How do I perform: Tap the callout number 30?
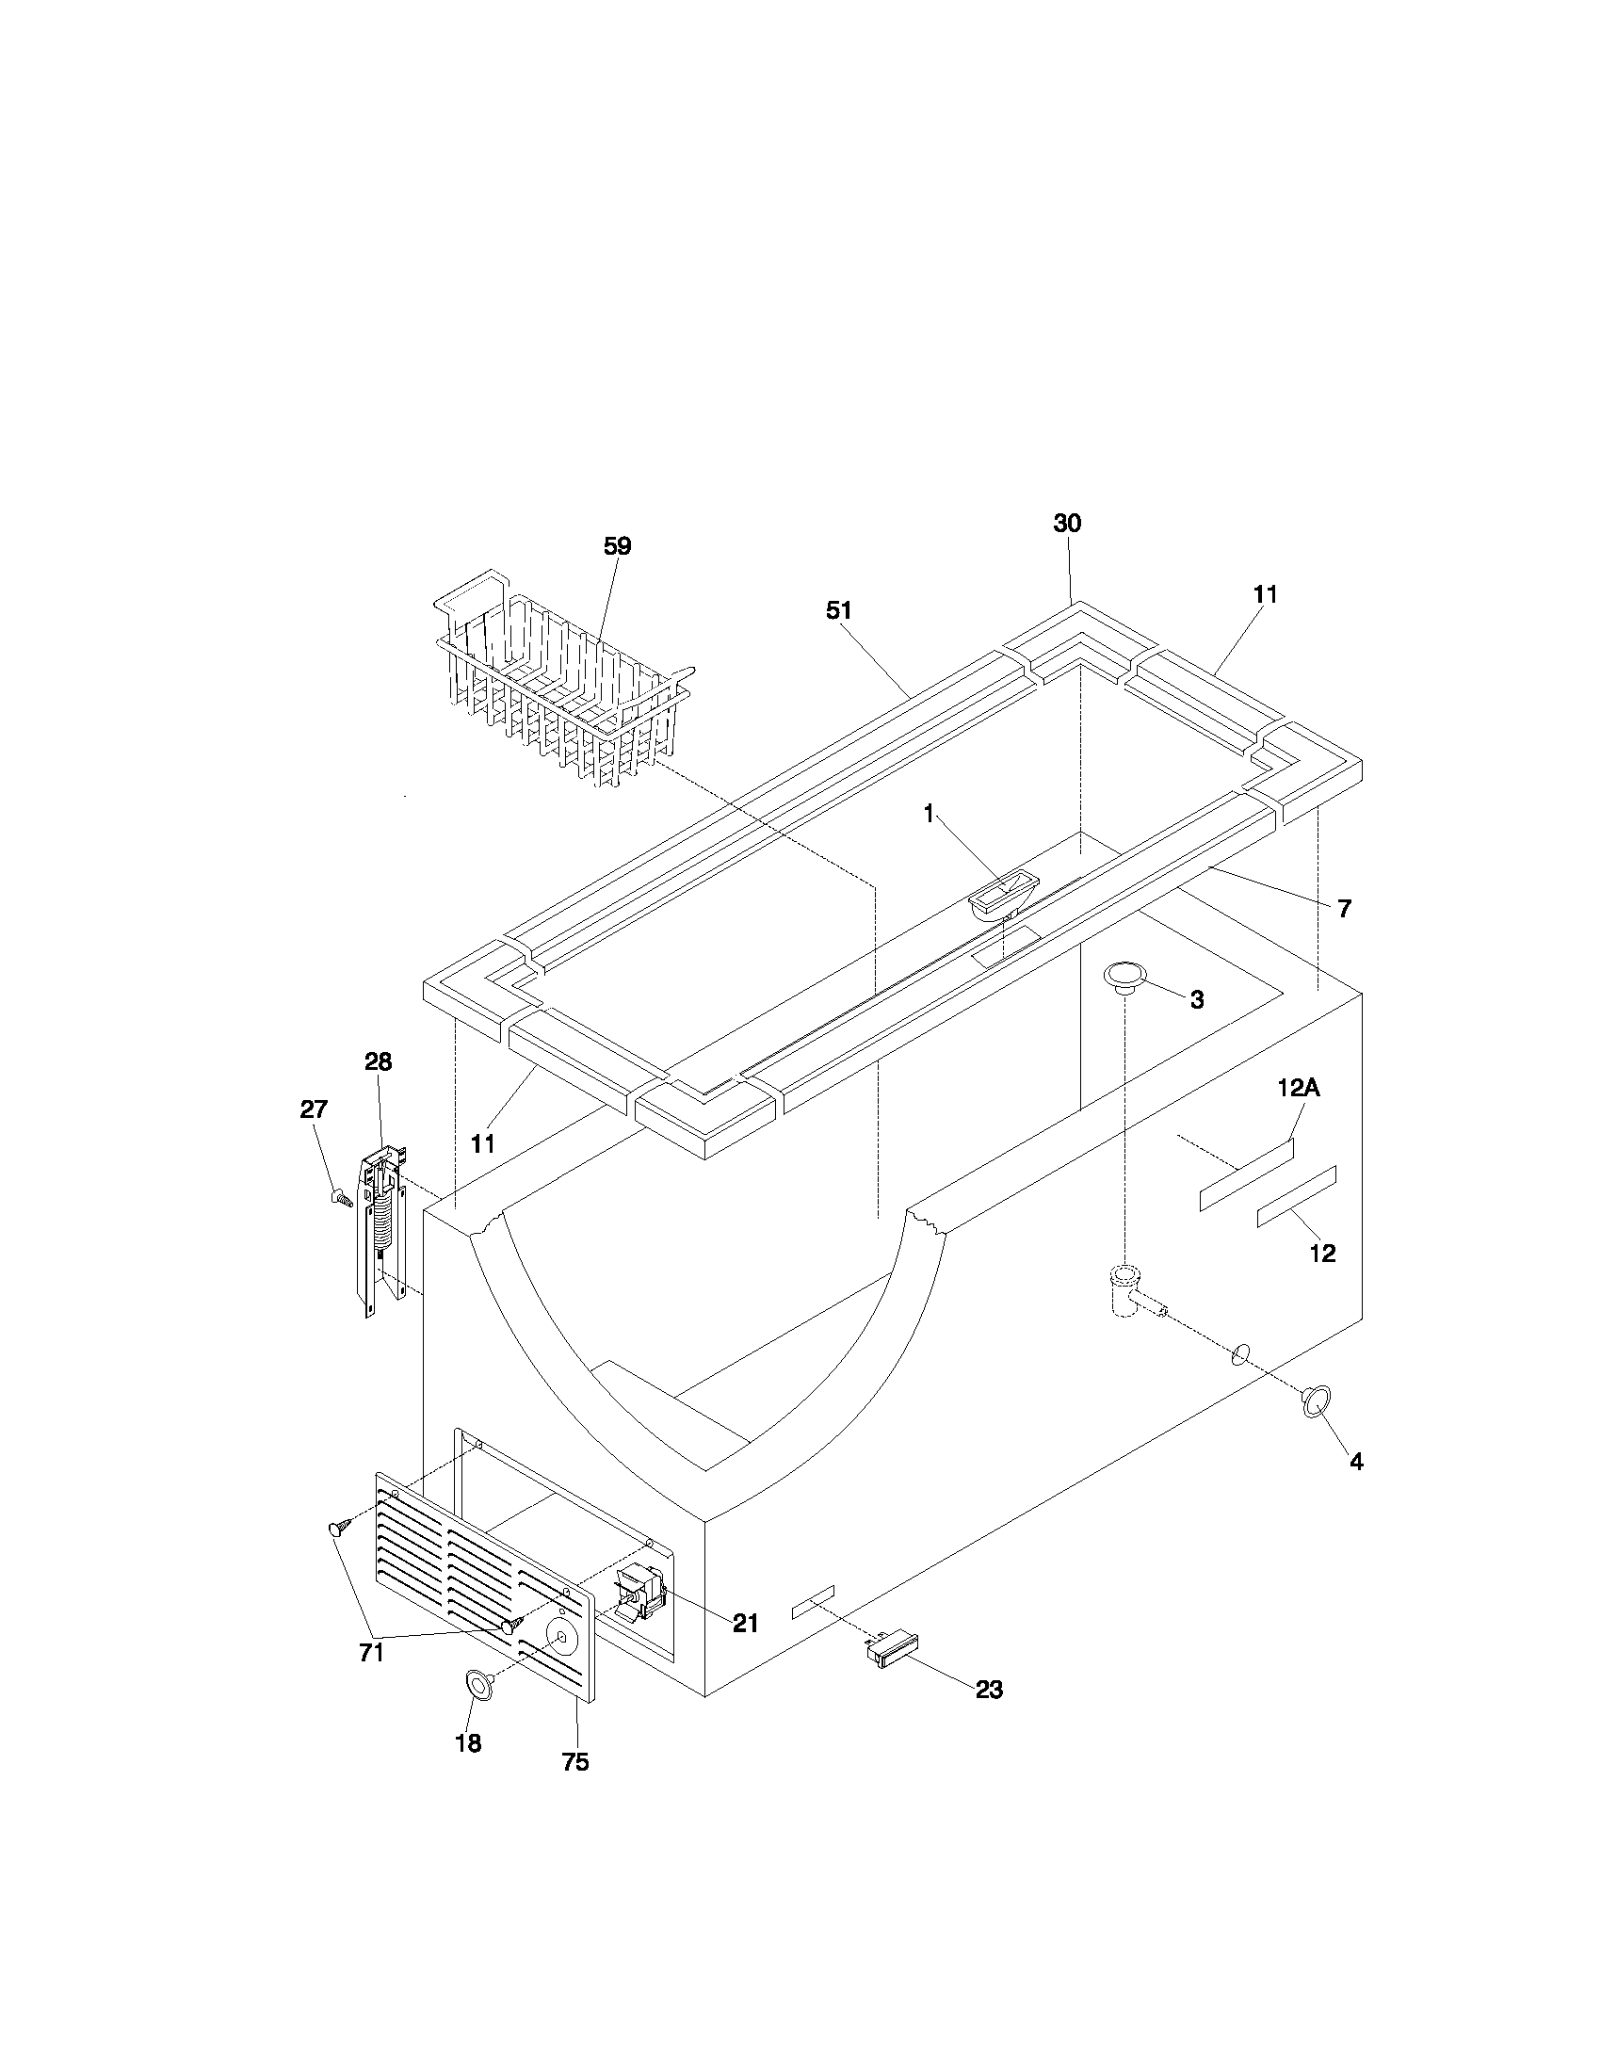[1067, 523]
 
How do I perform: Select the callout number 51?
[838, 611]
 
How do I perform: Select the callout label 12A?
[1298, 1088]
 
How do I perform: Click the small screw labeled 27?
[340, 1197]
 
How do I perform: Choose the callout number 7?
[1344, 908]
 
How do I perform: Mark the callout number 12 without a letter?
[1322, 1254]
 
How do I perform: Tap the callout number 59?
[618, 546]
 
